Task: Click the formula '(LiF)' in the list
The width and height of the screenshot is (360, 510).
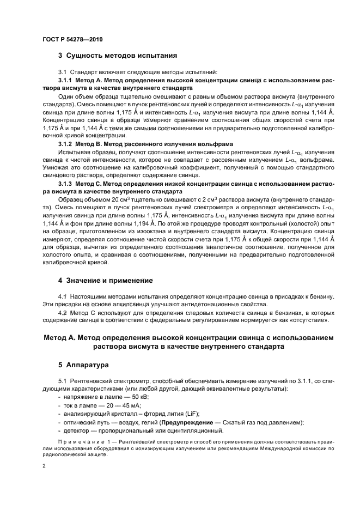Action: pyautogui.click(x=191, y=414)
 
